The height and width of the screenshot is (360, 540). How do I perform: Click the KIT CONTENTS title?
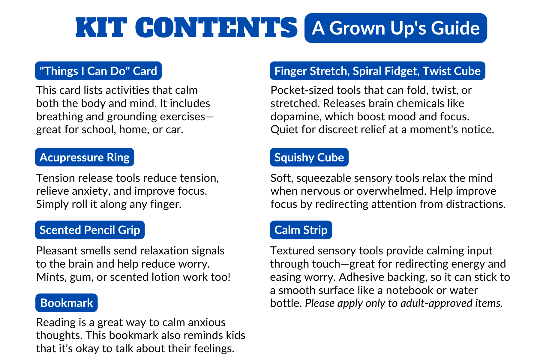[186, 28]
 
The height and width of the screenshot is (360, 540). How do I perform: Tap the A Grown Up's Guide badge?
[395, 28]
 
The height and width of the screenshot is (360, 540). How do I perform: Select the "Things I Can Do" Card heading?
[98, 71]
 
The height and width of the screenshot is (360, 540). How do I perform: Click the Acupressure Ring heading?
[84, 157]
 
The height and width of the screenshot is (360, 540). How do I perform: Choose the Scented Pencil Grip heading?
[90, 230]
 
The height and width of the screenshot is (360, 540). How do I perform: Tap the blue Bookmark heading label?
[66, 303]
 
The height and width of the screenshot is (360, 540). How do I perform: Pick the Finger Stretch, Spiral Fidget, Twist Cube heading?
[377, 71]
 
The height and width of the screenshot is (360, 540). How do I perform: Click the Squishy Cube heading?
[309, 157]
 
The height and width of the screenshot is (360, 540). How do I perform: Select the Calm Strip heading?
[301, 230]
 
